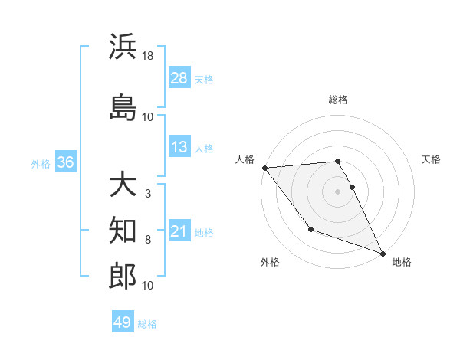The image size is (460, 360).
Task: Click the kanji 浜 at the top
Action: [x=123, y=47]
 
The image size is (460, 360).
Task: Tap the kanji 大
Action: [x=123, y=185]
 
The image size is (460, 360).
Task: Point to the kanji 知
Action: [x=123, y=230]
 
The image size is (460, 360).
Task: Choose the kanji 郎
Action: [x=123, y=275]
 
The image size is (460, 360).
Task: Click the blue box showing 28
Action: [x=179, y=78]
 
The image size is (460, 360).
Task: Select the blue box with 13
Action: [x=179, y=147]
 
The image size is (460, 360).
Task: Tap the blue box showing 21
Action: [x=179, y=231]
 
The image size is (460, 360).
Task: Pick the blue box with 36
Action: [x=65, y=162]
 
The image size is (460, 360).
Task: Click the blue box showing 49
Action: [x=123, y=322]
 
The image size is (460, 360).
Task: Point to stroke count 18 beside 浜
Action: [x=148, y=56]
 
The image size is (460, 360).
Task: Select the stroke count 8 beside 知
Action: [x=147, y=240]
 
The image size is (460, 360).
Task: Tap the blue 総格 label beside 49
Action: [x=147, y=324]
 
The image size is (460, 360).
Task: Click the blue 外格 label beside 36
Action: [x=41, y=163]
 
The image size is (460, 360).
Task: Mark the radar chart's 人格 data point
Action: [x=264, y=168]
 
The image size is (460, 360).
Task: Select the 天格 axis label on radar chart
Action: [x=431, y=160]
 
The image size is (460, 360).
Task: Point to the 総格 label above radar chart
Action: [x=337, y=100]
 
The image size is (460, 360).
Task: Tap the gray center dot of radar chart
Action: [x=337, y=191]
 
